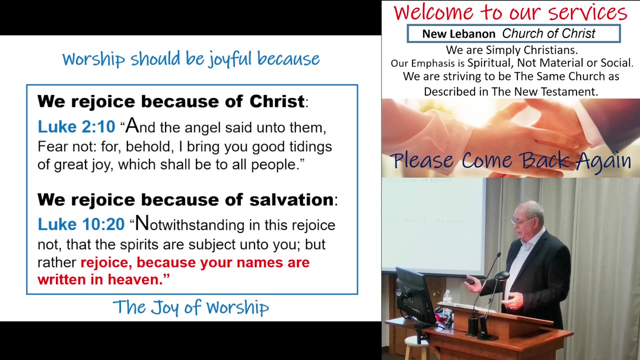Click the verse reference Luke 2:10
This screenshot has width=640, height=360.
76,127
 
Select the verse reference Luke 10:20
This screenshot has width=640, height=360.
81,224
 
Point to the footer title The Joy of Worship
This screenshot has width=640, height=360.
190,307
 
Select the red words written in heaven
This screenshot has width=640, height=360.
103,279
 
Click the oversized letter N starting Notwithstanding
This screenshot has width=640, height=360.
142,223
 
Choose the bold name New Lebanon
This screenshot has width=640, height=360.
458,34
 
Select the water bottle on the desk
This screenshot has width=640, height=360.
447,298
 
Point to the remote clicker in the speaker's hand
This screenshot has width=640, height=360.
471,282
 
